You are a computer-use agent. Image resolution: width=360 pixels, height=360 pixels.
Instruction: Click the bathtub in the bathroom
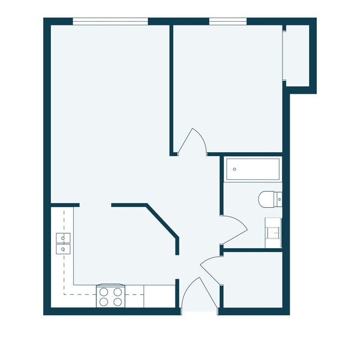252,169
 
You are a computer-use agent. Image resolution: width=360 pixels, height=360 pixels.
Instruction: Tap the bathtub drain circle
235,169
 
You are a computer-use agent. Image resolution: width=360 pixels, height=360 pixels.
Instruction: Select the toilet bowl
266,198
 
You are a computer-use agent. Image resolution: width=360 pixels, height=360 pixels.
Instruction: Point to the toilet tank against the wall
279,198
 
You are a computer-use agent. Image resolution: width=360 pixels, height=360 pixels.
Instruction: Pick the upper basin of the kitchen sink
63,238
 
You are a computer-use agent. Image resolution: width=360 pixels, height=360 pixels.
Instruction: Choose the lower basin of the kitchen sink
63,249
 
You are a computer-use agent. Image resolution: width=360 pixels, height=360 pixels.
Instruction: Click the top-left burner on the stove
104,292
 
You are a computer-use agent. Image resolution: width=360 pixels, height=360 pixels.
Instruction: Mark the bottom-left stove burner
104,302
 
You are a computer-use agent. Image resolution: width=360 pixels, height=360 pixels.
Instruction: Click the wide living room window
110,22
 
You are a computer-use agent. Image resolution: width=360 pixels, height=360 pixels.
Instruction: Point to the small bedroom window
228,22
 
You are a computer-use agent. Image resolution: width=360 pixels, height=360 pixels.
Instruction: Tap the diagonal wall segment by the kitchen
162,222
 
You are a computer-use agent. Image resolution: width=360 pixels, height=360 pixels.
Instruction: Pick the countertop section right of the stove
159,296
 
